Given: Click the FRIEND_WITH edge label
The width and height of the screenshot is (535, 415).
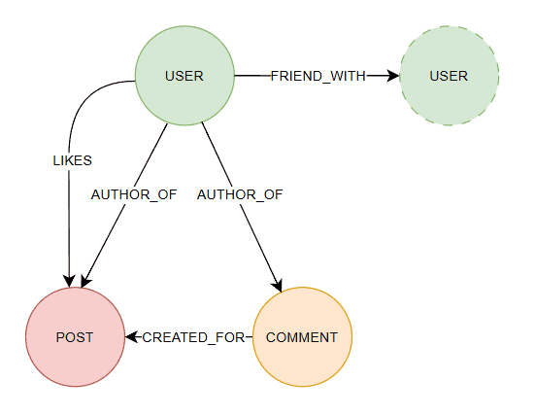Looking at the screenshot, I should point(318,76).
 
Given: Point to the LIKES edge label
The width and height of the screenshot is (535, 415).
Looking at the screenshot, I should point(71,160).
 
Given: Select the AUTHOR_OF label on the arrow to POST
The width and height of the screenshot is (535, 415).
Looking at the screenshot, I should point(133,194).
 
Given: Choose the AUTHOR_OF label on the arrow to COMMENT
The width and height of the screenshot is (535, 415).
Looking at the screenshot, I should point(240,194).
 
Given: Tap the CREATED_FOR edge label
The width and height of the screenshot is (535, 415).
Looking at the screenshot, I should point(189,337).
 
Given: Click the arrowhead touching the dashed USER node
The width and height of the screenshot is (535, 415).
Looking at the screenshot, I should point(393,76).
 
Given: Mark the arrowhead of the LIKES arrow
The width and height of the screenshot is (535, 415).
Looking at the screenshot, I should point(70,281).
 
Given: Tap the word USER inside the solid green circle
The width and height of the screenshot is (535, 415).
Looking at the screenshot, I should point(184,76).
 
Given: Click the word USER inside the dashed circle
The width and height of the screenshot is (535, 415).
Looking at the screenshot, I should point(449,76).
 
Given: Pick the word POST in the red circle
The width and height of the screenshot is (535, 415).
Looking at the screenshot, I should point(75,337).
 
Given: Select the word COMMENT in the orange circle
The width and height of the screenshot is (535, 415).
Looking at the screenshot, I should point(302,337).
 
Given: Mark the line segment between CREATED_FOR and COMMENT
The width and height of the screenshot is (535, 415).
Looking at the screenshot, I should point(248,337).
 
